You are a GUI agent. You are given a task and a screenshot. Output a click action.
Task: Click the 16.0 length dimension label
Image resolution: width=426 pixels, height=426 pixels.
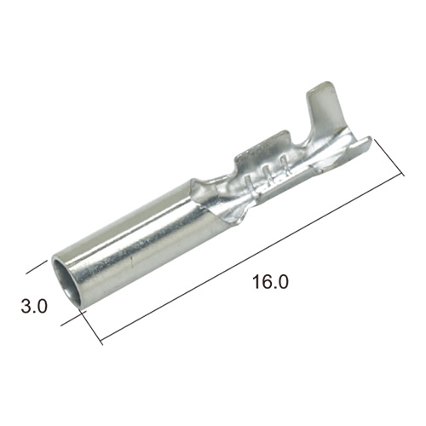point(270,282)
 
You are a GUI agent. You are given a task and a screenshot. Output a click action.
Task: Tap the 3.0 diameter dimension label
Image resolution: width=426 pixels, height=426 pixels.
point(34,307)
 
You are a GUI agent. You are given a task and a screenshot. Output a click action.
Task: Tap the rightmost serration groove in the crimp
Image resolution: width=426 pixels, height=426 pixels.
point(284,166)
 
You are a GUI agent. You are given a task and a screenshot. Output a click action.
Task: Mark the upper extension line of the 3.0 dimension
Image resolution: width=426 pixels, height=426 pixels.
point(37,267)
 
